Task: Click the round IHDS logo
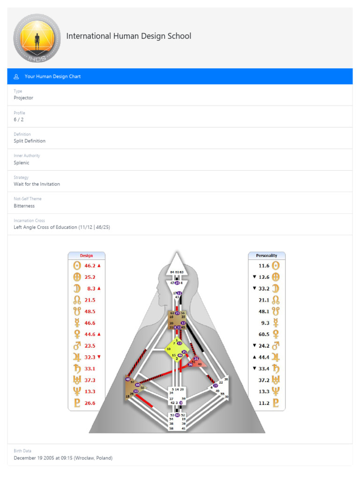pos(37,38)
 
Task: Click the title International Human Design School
pos(128,36)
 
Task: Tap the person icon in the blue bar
pos(16,76)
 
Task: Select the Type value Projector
pos(23,98)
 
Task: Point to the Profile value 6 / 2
pos(19,120)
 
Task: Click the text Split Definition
pos(30,141)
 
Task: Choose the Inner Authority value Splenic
pos(22,163)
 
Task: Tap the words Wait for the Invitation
pos(37,184)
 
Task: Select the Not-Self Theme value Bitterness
pos(24,206)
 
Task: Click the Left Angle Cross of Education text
pos(62,227)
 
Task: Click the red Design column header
pos(86,255)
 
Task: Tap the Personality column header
pos(266,255)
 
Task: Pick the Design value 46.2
pos(90,266)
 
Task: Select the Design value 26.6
pos(90,403)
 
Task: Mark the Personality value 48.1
pos(264,311)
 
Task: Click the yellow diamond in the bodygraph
pos(177,349)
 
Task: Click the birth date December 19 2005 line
pos(63,458)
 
